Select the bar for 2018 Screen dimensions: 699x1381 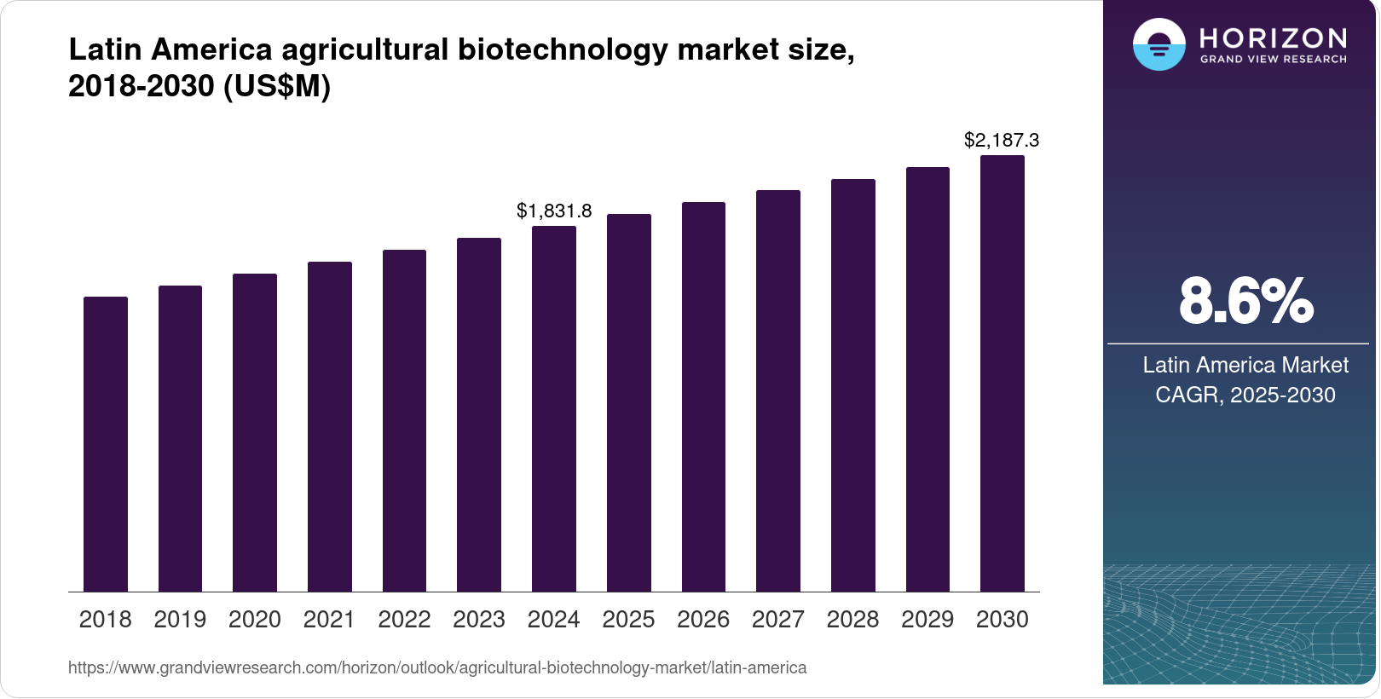(106, 444)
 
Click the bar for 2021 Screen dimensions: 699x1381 (330, 426)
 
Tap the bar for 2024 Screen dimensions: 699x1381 (554, 408)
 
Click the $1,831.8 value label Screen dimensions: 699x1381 (554, 211)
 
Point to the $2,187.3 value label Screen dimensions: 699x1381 (1002, 140)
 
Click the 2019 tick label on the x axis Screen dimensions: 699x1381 (180, 620)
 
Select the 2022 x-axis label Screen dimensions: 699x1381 (404, 620)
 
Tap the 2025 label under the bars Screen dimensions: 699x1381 (628, 620)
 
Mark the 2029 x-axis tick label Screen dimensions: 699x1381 (927, 620)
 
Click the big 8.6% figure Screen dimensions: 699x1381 (1245, 301)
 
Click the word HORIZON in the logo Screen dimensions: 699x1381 (1274, 38)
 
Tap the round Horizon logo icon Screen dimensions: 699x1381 (1159, 44)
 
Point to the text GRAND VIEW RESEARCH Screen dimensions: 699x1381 (1274, 60)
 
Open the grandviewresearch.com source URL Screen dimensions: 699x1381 (437, 667)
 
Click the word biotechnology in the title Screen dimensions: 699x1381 (563, 49)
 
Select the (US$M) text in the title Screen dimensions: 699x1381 (276, 86)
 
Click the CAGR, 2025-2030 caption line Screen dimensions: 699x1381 (1245, 395)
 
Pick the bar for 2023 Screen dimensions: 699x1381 (479, 414)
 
